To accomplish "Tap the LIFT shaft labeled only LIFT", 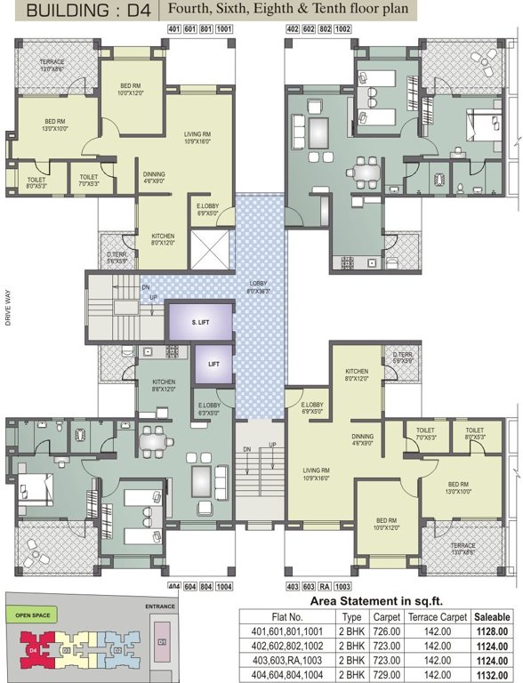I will [213, 364].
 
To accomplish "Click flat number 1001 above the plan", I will [224, 28].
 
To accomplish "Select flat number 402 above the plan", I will [293, 28].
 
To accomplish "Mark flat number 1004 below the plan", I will [224, 586].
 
